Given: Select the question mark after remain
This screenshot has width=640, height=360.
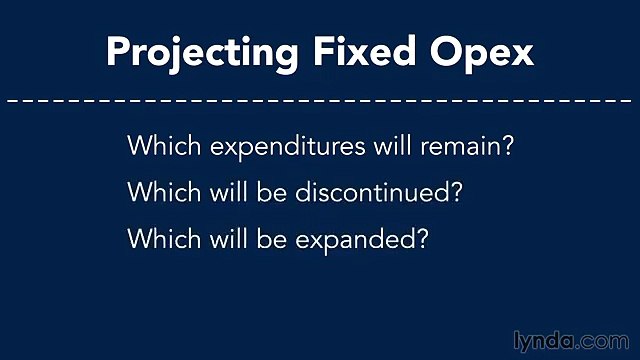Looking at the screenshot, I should click(507, 146).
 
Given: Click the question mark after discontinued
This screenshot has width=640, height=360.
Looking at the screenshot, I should click(455, 193).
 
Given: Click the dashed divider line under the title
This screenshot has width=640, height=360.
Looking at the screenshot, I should click(320, 101).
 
